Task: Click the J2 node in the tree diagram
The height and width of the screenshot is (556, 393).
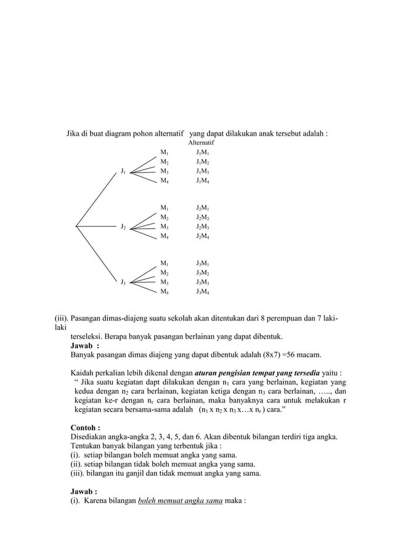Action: tap(124, 227)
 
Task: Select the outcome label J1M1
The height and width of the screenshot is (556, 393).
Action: tap(202, 152)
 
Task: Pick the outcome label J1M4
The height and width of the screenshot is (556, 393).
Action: tap(202, 181)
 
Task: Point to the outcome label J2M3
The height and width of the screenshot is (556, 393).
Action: tap(202, 227)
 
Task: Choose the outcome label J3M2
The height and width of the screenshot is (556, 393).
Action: tap(202, 272)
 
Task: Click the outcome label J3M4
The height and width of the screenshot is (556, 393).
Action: tap(202, 292)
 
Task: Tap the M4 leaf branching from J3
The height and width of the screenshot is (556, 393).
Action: tap(164, 292)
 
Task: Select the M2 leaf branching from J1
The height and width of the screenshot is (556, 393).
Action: tap(164, 161)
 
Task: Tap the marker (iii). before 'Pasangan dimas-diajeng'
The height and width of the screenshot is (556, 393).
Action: tap(62, 319)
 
